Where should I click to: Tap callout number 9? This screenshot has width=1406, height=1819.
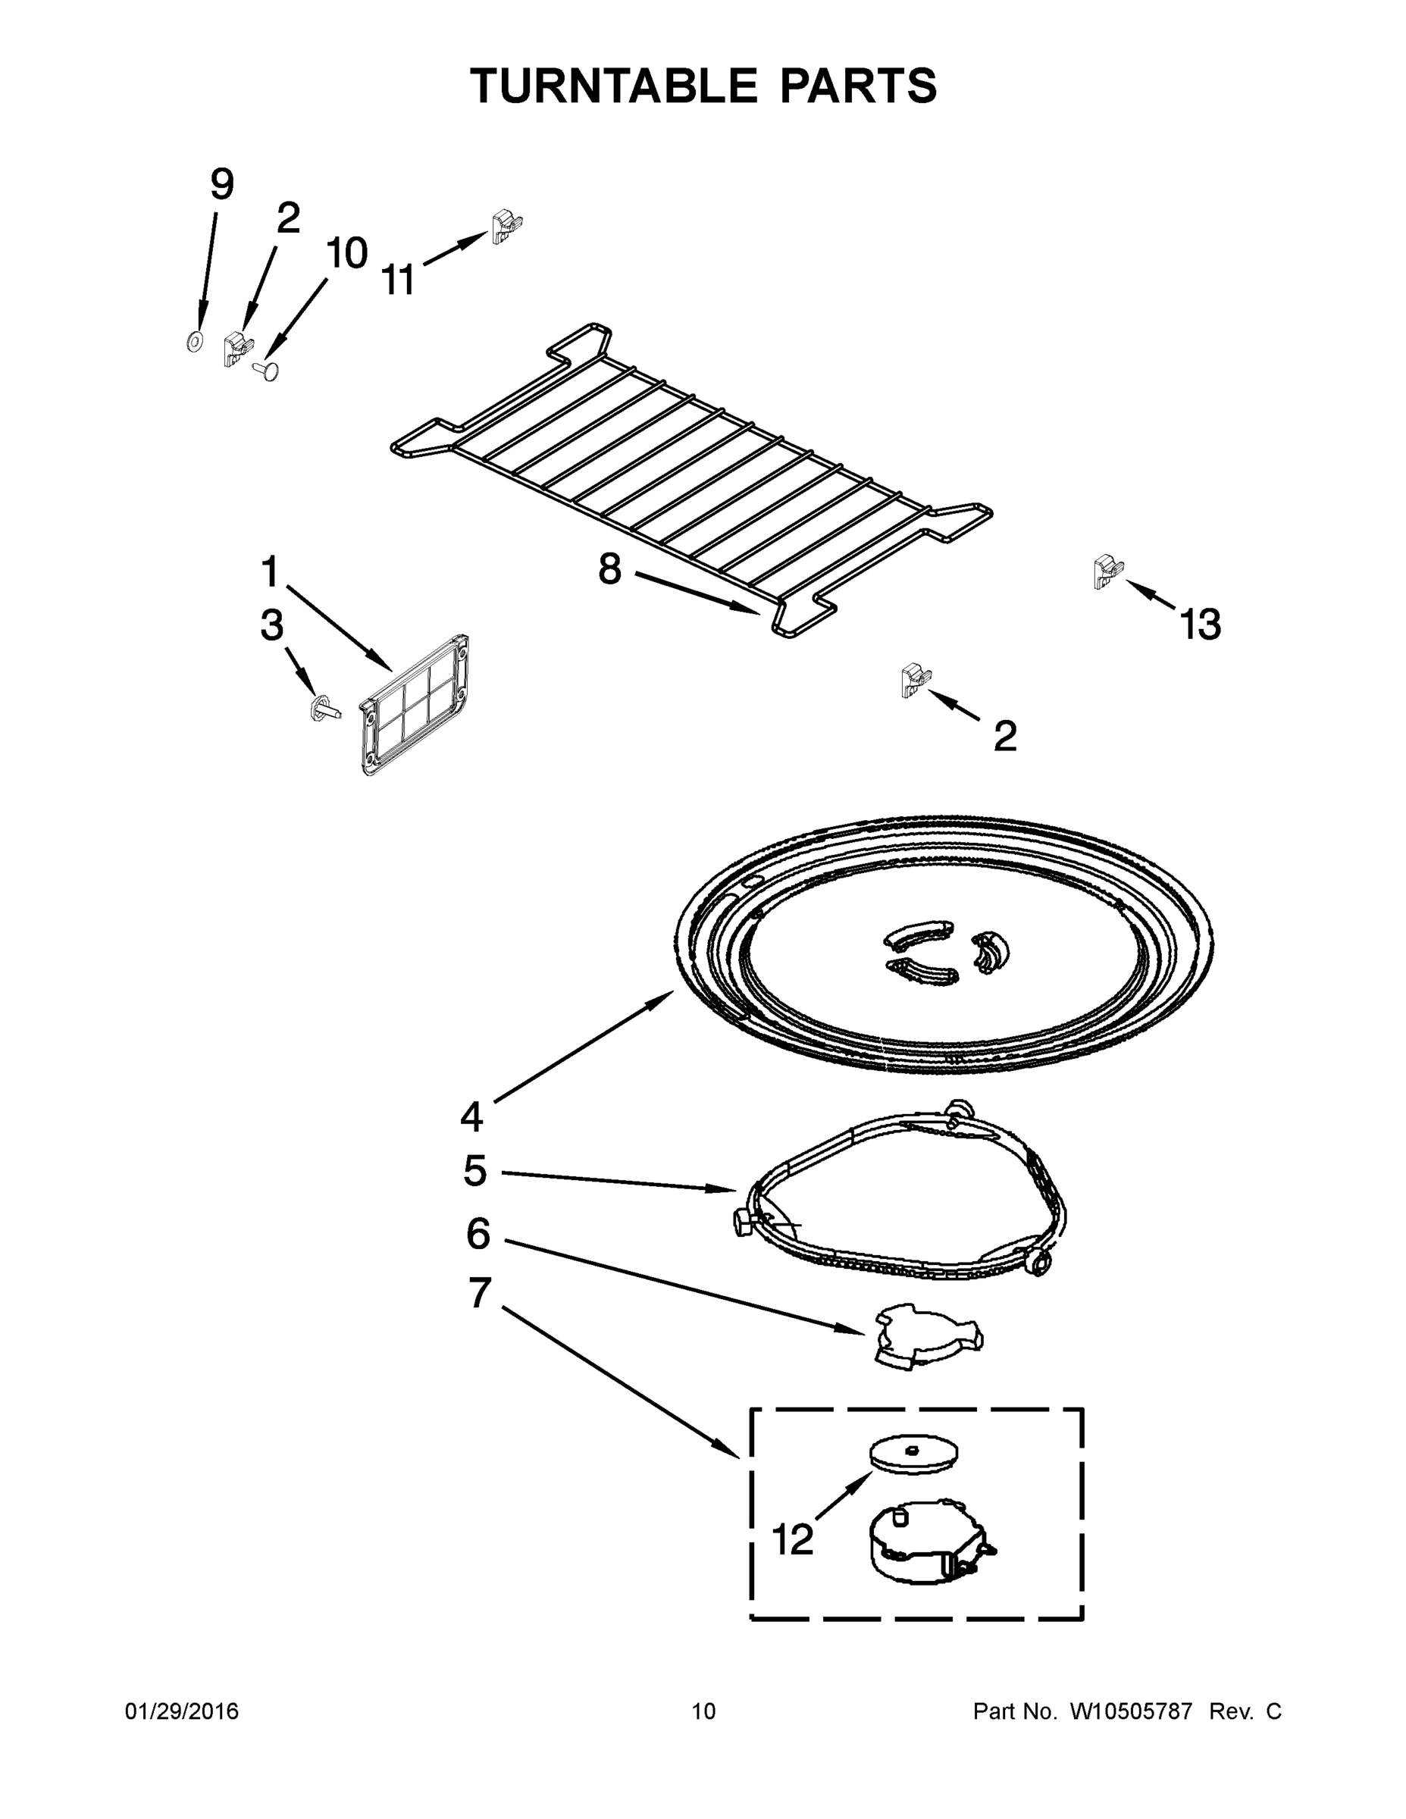click(221, 184)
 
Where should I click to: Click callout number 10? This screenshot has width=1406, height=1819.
click(346, 253)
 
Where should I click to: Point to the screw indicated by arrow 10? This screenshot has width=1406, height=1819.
click(266, 369)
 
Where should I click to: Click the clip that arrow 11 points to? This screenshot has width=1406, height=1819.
click(505, 226)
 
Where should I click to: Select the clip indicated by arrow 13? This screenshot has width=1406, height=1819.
click(1107, 572)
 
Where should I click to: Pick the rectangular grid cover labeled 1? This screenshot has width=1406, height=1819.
click(414, 706)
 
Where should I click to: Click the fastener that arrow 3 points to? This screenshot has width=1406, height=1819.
click(323, 709)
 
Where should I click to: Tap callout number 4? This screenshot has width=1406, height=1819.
click(471, 1116)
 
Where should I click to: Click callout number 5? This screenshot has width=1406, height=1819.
click(474, 1171)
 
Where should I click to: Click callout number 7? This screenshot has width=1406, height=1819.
click(479, 1292)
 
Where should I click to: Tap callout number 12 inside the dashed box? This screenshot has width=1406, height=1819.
click(792, 1540)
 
